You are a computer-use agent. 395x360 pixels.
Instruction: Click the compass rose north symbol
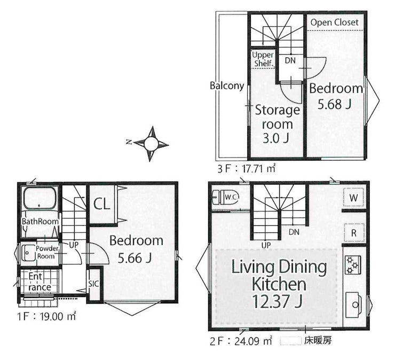[151, 144]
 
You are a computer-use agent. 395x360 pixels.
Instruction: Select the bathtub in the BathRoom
[39, 198]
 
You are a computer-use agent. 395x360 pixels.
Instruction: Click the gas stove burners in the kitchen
[353, 265]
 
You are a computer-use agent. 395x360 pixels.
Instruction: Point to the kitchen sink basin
[354, 305]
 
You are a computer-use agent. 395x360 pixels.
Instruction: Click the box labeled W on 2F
[354, 198]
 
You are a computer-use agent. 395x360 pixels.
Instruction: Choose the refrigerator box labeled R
[354, 233]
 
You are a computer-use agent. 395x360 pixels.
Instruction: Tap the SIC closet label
[93, 284]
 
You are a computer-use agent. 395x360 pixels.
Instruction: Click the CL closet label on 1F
[102, 204]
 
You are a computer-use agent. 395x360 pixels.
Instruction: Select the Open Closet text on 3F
[334, 22]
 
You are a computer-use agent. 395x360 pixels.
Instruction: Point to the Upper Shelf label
[264, 59]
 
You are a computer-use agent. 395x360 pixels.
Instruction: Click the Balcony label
[227, 85]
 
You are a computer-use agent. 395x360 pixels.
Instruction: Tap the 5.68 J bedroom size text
[334, 104]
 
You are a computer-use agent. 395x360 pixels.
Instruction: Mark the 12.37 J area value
[277, 301]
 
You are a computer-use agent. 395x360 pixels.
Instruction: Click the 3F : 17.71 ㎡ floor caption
[247, 168]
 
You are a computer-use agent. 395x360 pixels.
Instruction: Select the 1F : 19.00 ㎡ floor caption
[46, 316]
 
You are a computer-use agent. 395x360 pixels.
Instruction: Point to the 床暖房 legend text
[318, 341]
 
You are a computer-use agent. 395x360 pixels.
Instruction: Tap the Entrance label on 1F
[40, 281]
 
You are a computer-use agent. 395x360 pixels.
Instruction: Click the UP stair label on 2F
[266, 245]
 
